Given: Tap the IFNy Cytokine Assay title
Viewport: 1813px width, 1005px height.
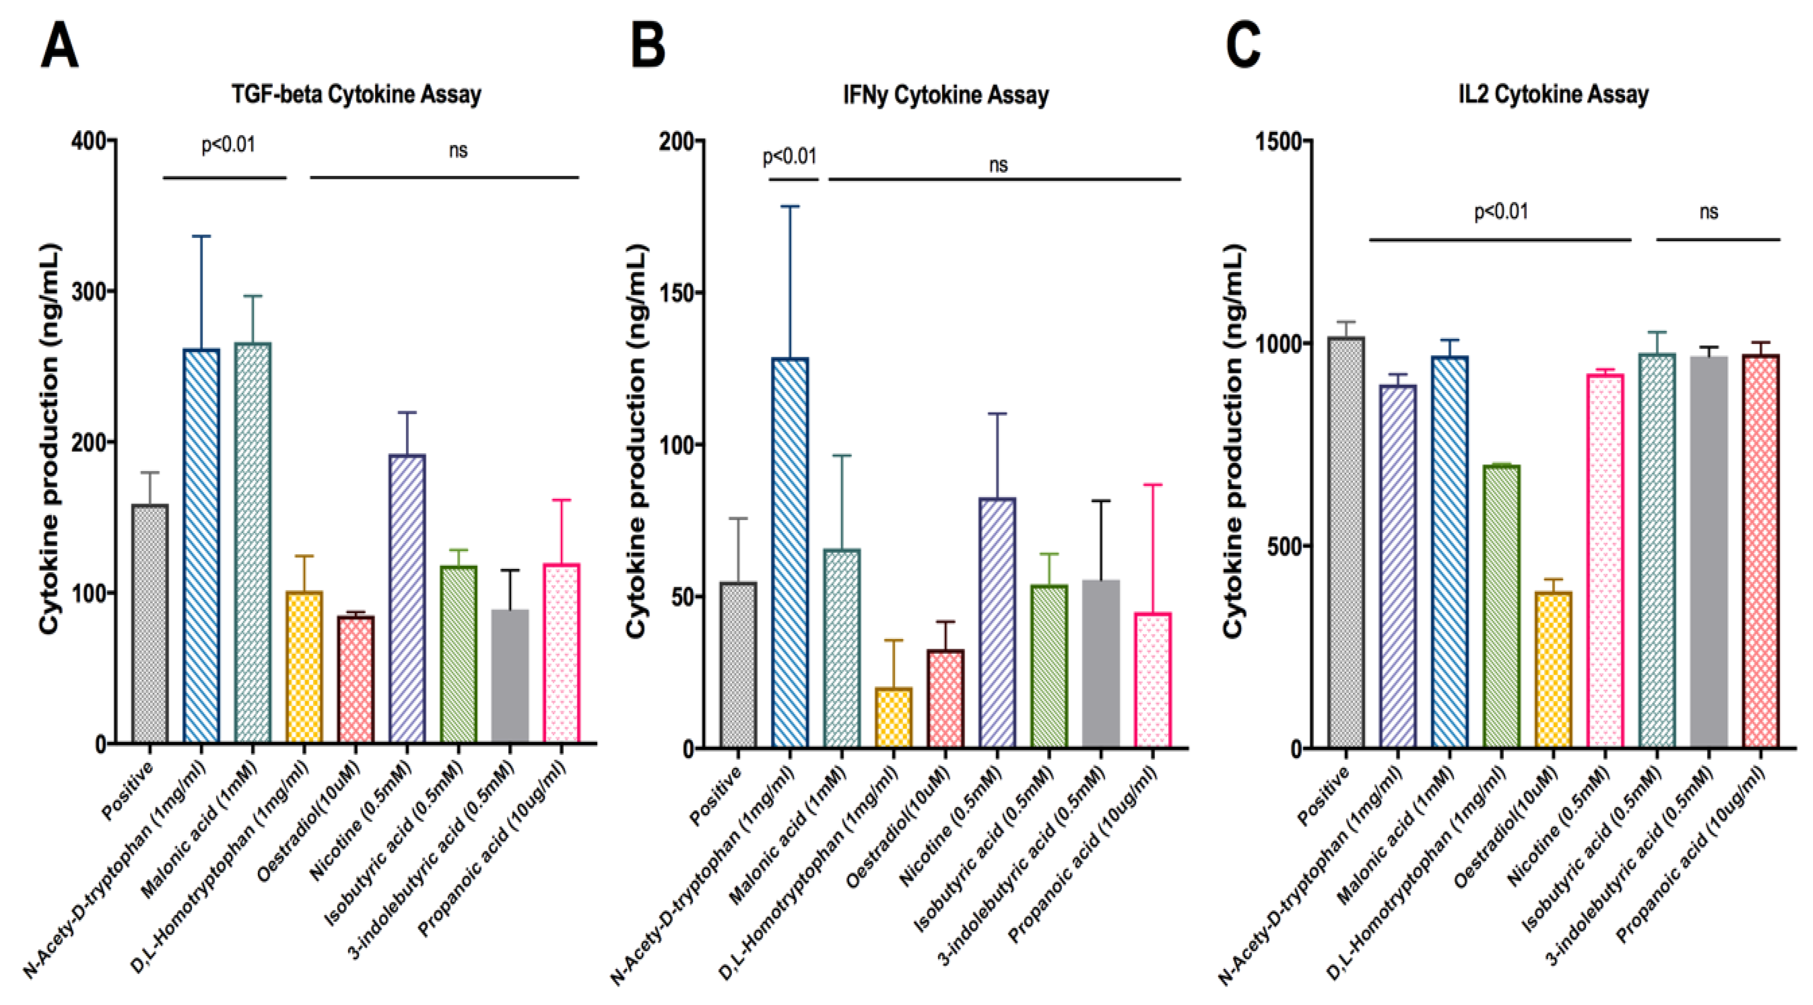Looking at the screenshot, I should tap(946, 94).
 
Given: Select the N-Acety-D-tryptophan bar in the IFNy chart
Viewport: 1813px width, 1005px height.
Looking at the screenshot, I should tap(790, 553).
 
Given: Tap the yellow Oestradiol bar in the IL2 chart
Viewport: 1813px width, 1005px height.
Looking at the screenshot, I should tap(1553, 669).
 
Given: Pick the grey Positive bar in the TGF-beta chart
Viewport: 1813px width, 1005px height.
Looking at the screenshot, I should tap(150, 623).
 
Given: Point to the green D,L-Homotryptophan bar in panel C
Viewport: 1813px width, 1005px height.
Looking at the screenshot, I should tap(1501, 605).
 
